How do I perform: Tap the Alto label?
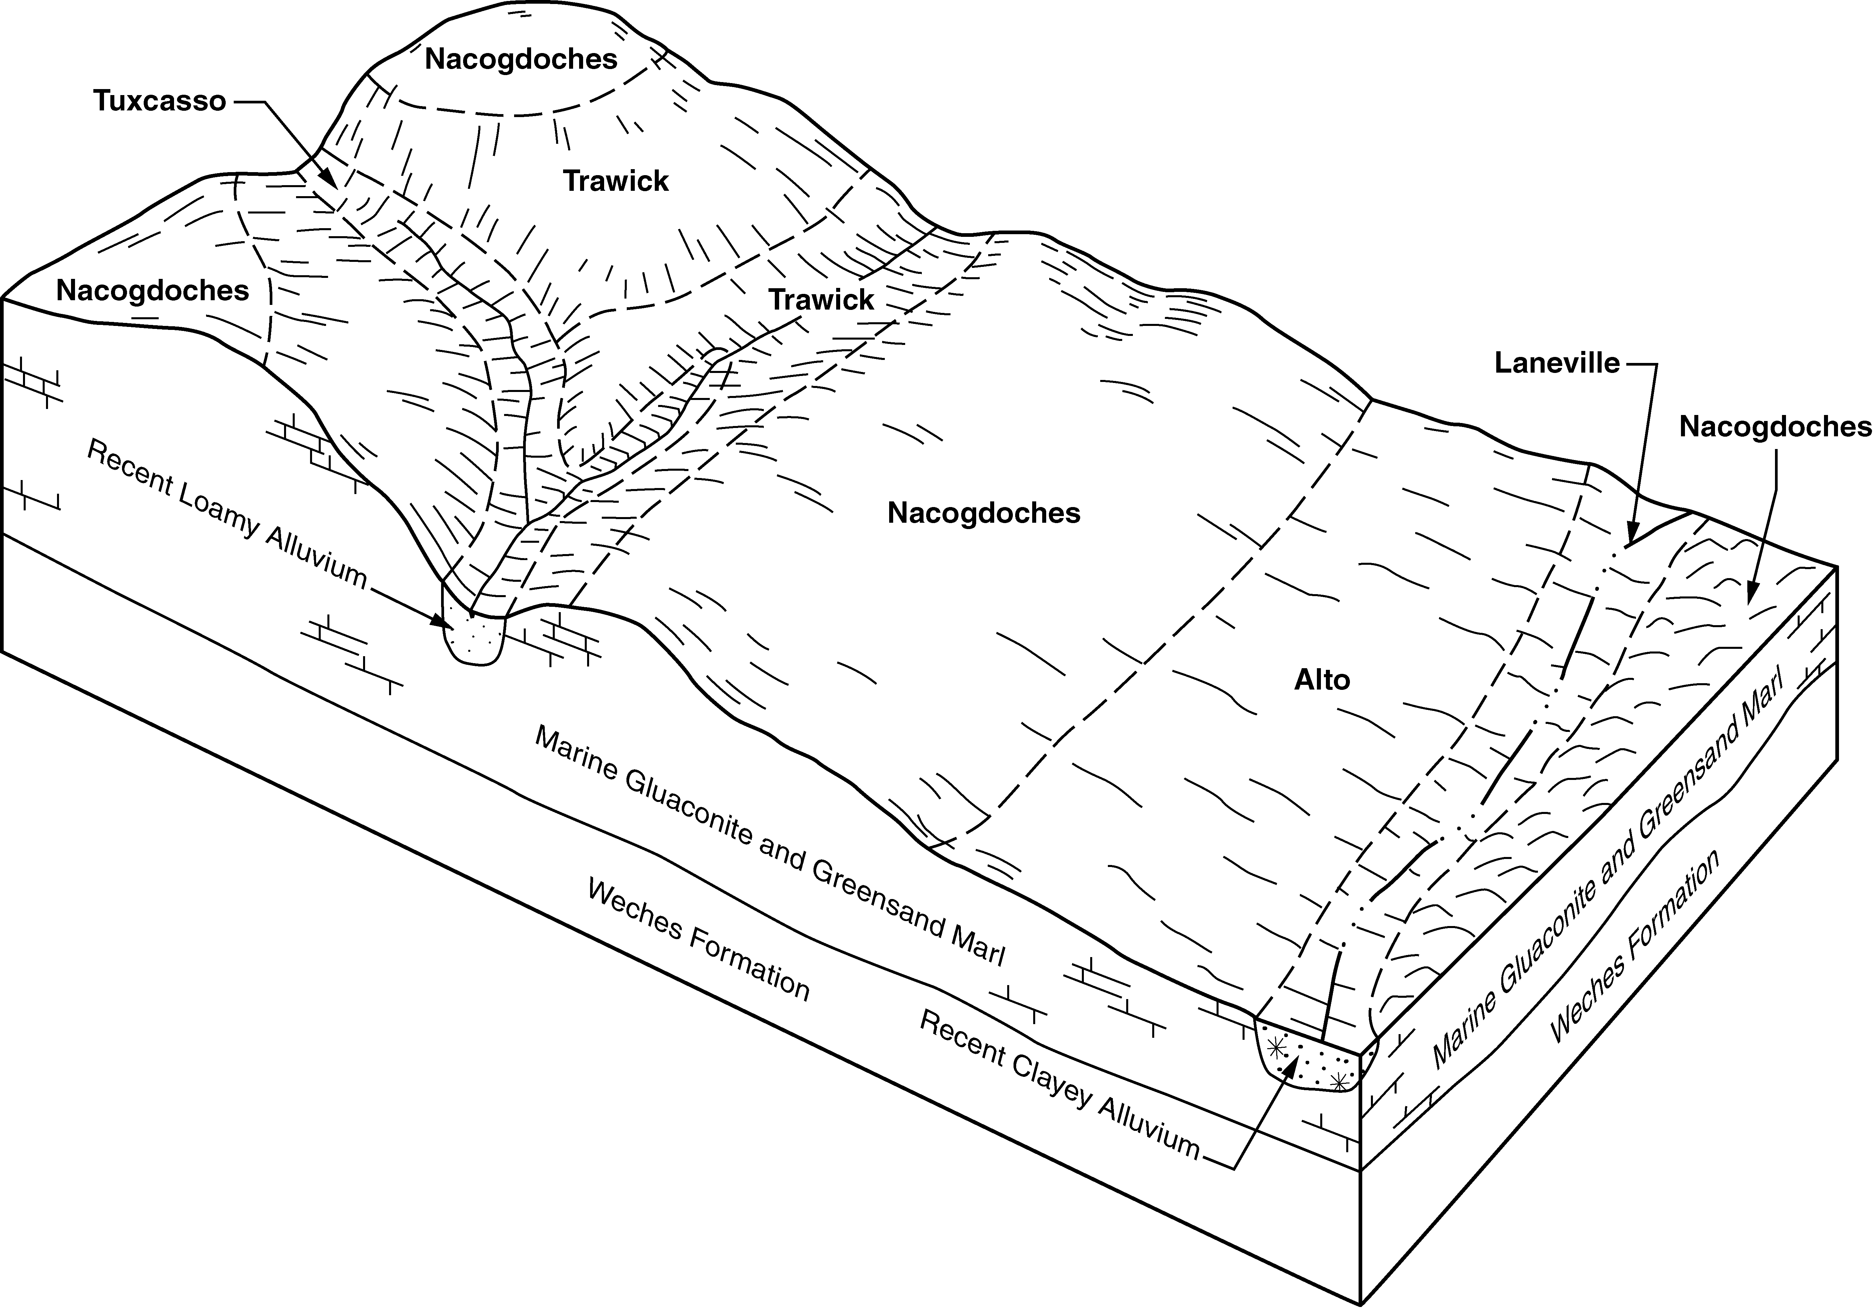tap(1322, 680)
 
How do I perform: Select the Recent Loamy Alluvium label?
tap(227, 514)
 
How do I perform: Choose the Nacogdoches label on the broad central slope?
tap(984, 513)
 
